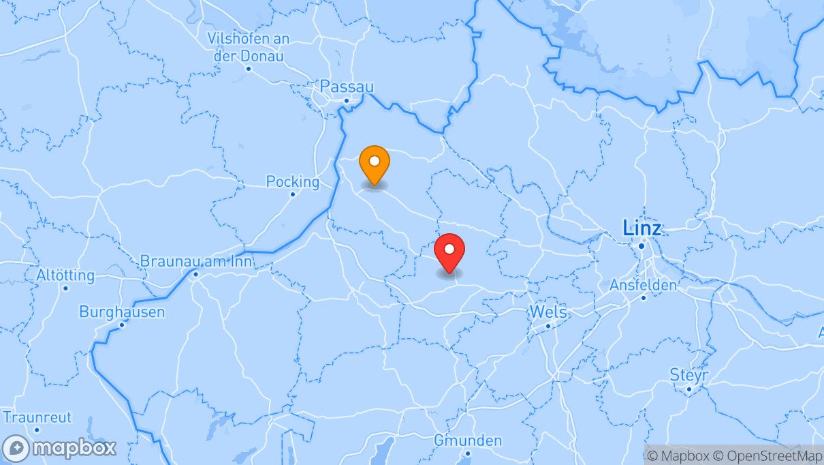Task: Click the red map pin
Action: click(449, 253)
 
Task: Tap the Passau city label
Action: click(347, 87)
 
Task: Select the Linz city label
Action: click(641, 228)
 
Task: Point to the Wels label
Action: click(548, 312)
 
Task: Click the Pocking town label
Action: click(292, 182)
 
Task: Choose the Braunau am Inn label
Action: click(195, 261)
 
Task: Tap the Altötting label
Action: click(65, 276)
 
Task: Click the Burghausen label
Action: click(122, 312)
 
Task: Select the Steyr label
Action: click(688, 375)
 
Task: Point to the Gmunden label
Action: click(468, 440)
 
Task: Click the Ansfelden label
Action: click(643, 285)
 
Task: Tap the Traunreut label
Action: click(37, 417)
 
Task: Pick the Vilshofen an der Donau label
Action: click(249, 47)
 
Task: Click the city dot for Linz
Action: click(641, 246)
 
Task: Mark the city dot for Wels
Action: click(548, 326)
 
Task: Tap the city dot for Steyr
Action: click(688, 389)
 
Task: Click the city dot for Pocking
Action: click(292, 194)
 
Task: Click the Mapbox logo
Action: click(59, 449)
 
